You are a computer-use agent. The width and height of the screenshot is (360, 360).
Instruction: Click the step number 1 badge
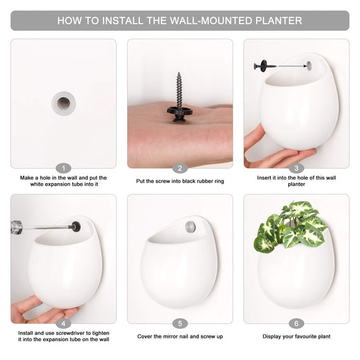(x=63, y=169)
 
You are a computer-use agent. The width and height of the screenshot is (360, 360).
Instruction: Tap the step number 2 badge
(x=180, y=169)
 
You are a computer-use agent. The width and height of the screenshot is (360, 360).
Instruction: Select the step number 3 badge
(x=297, y=169)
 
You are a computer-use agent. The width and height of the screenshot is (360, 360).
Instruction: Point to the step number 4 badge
(x=63, y=324)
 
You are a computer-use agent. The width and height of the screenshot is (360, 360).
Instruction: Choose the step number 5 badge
(x=180, y=324)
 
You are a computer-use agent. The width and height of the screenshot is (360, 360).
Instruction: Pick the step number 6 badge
(x=297, y=324)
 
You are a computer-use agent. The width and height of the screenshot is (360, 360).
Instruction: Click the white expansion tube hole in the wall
(x=63, y=103)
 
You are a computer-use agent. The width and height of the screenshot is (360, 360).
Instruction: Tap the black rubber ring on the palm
(x=180, y=111)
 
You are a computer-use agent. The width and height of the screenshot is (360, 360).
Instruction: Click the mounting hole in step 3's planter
(x=309, y=66)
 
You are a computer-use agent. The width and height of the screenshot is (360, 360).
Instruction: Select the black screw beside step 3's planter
(x=265, y=66)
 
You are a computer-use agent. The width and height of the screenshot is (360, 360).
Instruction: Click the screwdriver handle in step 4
(x=16, y=228)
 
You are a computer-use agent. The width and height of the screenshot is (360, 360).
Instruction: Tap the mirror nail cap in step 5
(x=190, y=227)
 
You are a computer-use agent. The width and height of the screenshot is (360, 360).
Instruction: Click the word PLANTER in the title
(x=279, y=21)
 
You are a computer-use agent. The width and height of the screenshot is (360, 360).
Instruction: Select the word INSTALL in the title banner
(x=123, y=21)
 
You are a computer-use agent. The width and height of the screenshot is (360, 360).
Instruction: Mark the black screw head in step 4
(x=76, y=227)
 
